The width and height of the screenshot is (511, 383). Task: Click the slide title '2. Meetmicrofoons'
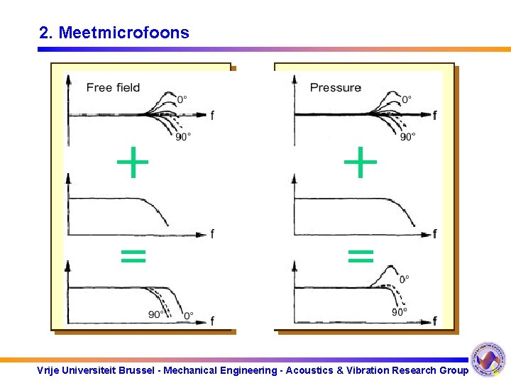point(114,33)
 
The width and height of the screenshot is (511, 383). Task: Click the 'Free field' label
point(113,88)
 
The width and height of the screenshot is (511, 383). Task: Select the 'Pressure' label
point(335,88)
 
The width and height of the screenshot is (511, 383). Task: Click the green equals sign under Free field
point(133,255)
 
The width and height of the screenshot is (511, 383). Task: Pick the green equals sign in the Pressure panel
point(361,255)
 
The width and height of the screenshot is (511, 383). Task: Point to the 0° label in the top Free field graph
point(182,99)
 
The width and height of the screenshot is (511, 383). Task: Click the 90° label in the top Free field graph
point(183,137)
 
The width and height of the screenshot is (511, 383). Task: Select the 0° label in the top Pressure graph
point(406,99)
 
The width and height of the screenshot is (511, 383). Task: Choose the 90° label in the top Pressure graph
point(407,137)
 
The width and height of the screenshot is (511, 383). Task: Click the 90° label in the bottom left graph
point(156,314)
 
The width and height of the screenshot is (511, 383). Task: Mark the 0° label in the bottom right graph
point(404,279)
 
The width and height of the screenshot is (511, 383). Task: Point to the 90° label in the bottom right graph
point(400,311)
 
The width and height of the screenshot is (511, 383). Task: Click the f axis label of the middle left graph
point(212,234)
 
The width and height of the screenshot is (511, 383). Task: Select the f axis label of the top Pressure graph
point(434,115)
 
